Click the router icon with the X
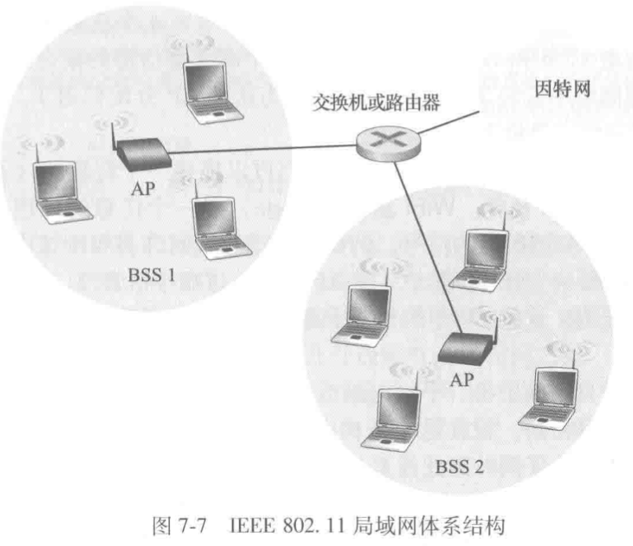[x=388, y=143]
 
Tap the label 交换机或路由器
[x=376, y=103]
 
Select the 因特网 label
[x=562, y=89]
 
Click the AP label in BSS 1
[x=143, y=189]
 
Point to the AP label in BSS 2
[x=462, y=380]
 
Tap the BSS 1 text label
[x=151, y=275]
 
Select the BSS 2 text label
[x=459, y=467]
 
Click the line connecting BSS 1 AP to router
[x=262, y=149]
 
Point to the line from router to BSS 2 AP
[x=428, y=248]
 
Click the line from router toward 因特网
[x=449, y=122]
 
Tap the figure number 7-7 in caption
[x=192, y=526]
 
